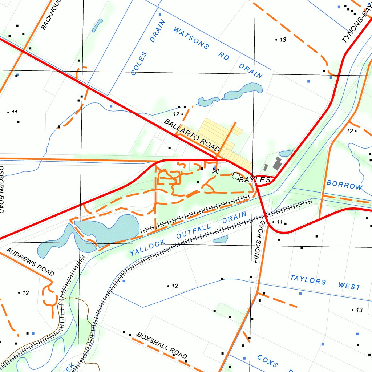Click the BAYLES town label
pos(255,180)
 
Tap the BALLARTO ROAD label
pos(192,135)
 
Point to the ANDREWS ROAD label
pos(30,262)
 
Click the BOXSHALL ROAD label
pos(162,345)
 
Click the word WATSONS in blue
pos(191,38)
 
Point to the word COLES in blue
pos(139,64)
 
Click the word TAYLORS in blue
pos(308,280)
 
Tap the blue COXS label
pos(267,361)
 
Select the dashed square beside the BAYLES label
pos(236,176)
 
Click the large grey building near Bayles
pos(279,164)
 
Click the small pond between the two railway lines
pos(221,239)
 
